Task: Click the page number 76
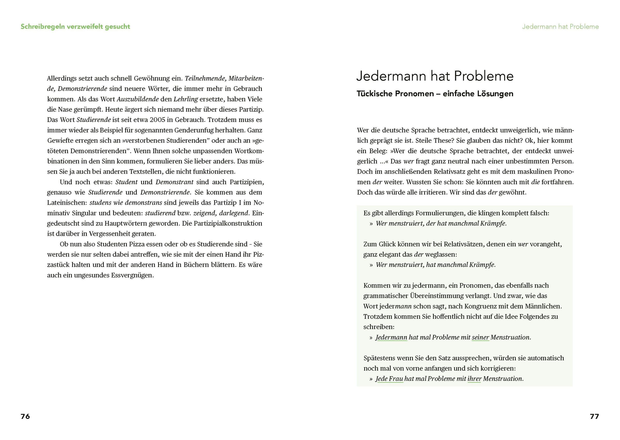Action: point(25,416)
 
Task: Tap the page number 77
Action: point(594,416)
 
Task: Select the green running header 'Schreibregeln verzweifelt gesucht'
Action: point(75,27)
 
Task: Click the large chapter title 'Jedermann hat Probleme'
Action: point(435,76)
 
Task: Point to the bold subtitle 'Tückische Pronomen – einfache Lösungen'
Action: point(435,94)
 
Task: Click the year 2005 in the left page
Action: point(158,120)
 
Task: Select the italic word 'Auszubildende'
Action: point(137,99)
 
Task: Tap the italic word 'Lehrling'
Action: point(186,99)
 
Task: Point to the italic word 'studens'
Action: point(99,203)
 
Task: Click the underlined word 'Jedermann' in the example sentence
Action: point(391,338)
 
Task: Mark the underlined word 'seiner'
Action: point(480,338)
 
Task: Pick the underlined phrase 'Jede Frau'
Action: point(389,379)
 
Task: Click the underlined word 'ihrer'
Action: point(474,379)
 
